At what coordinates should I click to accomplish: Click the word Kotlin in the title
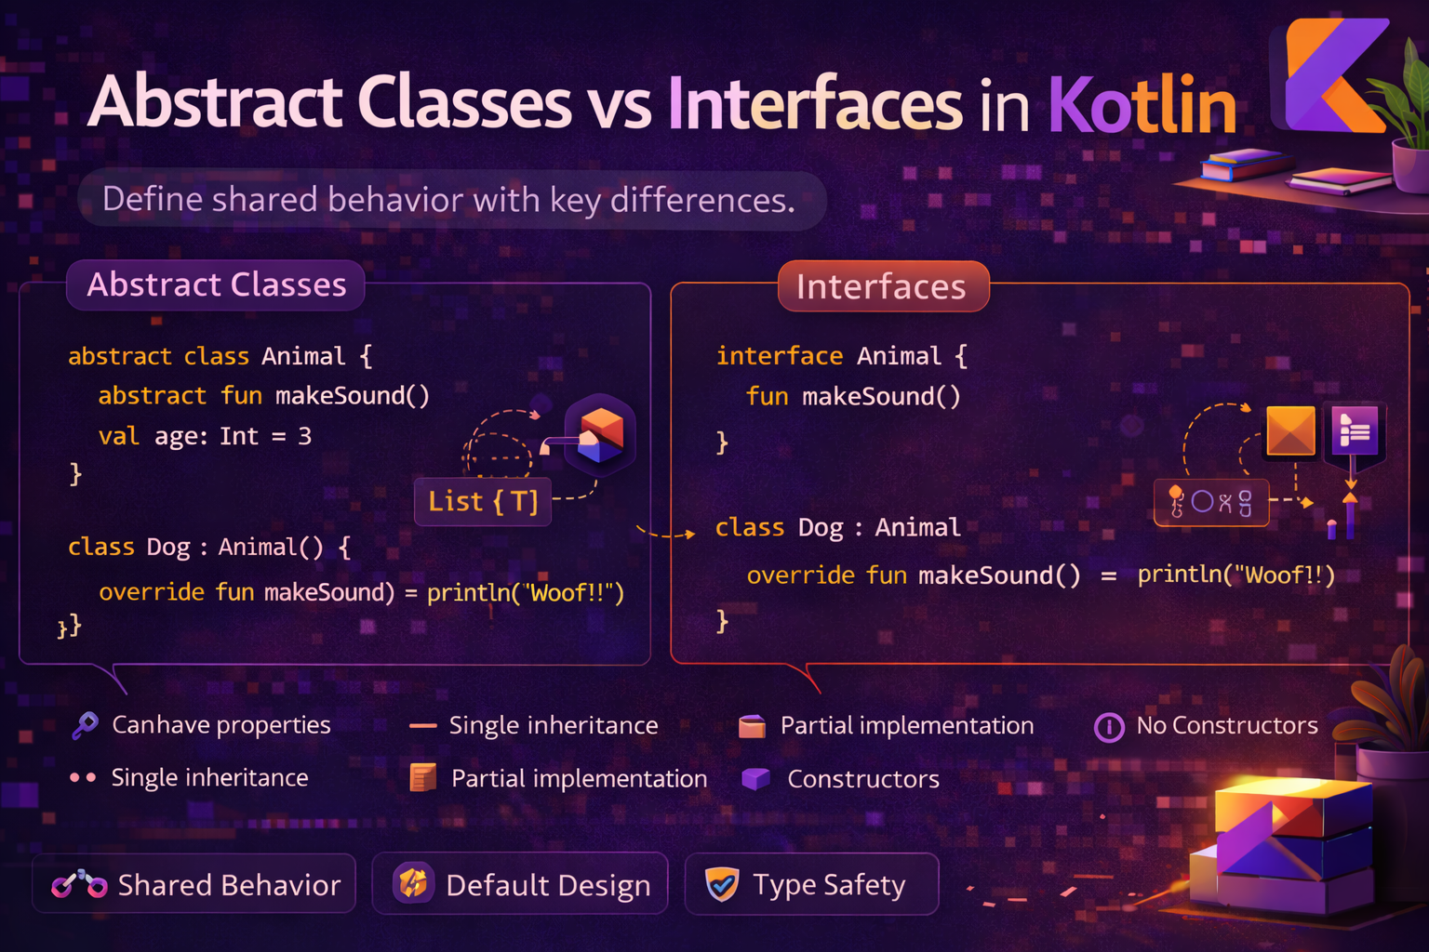click(x=1142, y=104)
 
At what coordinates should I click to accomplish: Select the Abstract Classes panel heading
click(x=216, y=284)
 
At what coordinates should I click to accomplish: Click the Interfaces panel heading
click(x=882, y=286)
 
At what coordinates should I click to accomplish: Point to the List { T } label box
click(x=483, y=502)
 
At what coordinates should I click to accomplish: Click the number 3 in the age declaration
click(x=304, y=436)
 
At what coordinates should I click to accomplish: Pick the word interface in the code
click(x=780, y=356)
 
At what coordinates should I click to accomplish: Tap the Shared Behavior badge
click(x=194, y=884)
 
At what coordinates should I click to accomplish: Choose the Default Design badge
click(x=520, y=884)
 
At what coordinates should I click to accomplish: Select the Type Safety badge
click(x=811, y=884)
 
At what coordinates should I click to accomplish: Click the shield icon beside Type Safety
click(x=721, y=884)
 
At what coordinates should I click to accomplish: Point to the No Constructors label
click(x=1227, y=725)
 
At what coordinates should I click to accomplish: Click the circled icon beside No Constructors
click(x=1108, y=727)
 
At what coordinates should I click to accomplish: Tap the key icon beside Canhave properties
click(x=85, y=724)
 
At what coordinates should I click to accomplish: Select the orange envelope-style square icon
click(x=1291, y=430)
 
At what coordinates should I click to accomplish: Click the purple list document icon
click(x=1355, y=430)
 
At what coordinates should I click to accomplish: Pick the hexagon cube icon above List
click(x=600, y=434)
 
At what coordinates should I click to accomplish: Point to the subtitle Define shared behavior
click(x=448, y=200)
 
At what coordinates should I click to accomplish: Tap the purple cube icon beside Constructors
click(x=755, y=778)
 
